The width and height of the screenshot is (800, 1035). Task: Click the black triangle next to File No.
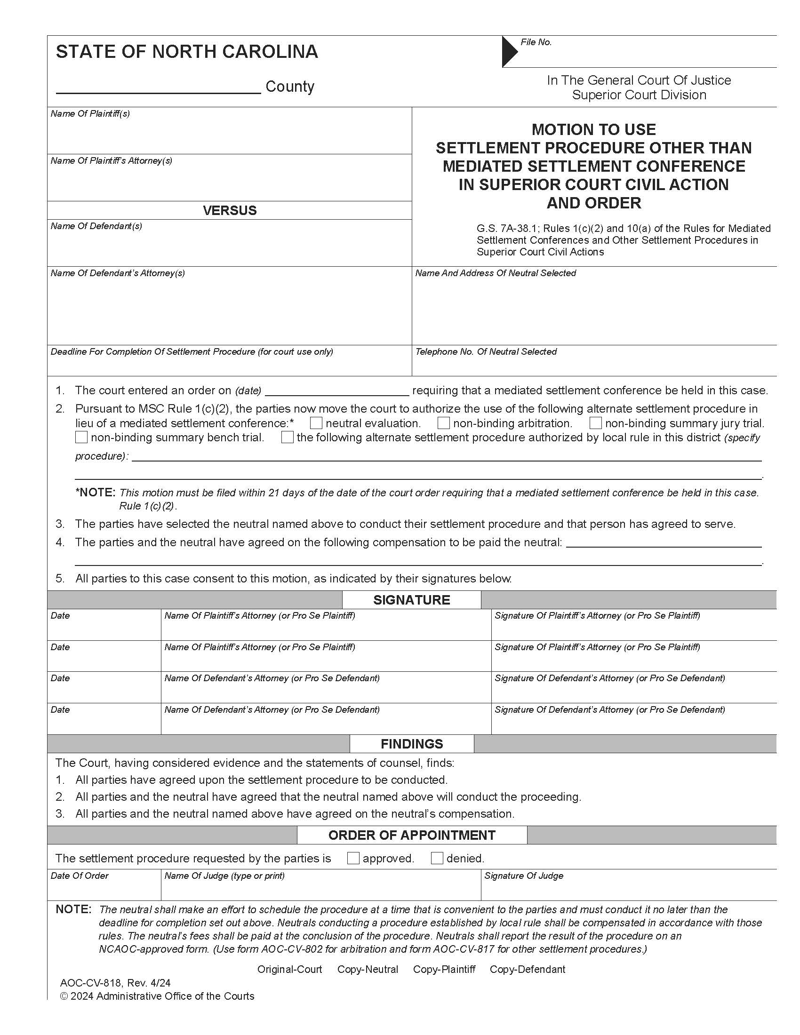tap(510, 51)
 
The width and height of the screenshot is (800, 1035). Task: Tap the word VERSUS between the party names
tap(229, 210)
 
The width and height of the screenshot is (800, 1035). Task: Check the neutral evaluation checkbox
tap(316, 423)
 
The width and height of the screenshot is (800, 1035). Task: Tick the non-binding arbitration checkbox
tap(444, 423)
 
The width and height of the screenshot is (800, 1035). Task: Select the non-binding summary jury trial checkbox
tap(596, 423)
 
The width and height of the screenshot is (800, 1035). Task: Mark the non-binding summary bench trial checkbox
tap(81, 437)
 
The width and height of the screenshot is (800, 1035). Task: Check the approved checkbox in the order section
tap(353, 858)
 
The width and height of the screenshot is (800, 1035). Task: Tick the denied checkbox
tap(437, 858)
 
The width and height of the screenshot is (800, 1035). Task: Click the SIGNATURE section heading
tap(411, 600)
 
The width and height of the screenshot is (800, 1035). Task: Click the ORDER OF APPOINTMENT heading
tap(411, 835)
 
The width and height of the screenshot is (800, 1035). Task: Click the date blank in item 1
tap(336, 390)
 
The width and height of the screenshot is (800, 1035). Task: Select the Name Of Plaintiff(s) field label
tap(90, 114)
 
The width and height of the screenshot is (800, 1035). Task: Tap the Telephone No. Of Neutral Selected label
tap(486, 351)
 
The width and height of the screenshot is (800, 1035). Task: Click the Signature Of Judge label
tap(524, 876)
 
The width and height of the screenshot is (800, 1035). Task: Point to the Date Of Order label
tap(80, 876)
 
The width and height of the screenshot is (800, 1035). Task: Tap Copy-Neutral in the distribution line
tap(368, 969)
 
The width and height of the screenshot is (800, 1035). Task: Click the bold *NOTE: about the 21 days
tap(95, 493)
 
